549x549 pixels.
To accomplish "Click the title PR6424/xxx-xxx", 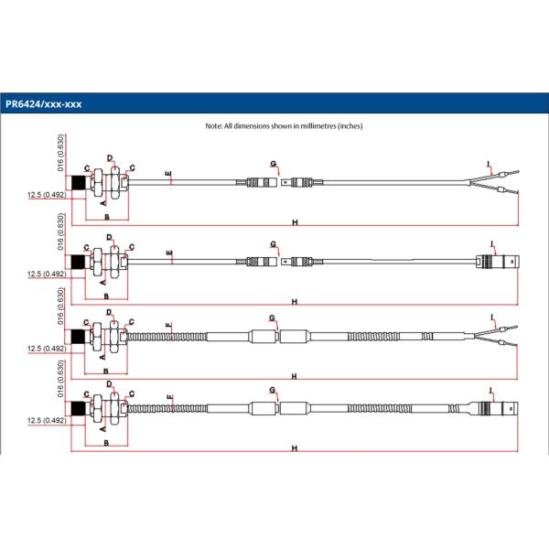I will [43, 103].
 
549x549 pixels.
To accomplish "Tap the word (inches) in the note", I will [350, 125].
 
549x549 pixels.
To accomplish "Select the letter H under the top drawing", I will [295, 222].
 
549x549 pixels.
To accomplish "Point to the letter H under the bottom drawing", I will [295, 448].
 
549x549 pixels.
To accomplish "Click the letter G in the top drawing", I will [273, 162].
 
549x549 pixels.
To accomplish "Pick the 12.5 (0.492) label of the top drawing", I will [46, 194].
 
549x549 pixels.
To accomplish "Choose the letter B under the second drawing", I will [107, 296].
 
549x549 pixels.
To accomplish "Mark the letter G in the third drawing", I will [273, 317].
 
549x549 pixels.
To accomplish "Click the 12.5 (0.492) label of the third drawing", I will [46, 349].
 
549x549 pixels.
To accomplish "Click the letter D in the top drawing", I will [110, 159].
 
